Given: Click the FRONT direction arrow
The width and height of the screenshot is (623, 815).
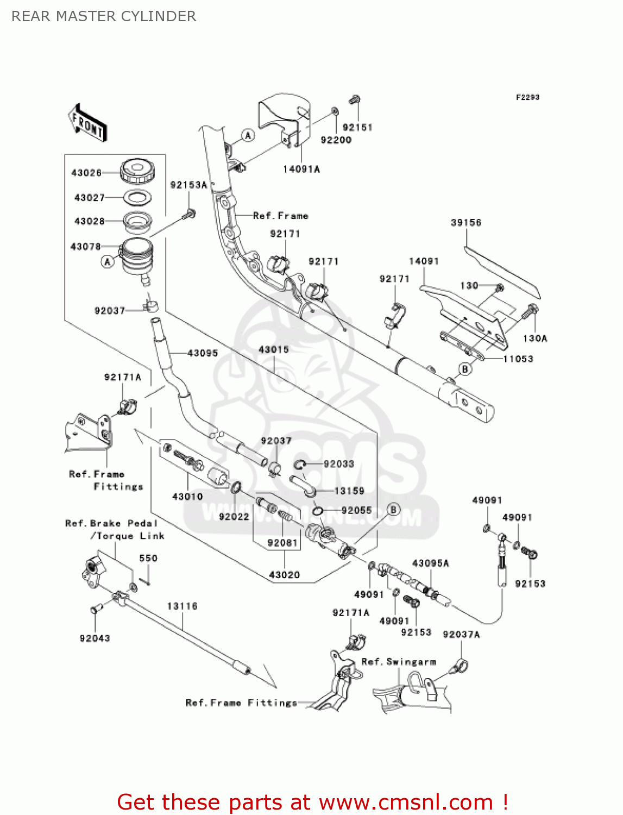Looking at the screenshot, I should click(x=87, y=123).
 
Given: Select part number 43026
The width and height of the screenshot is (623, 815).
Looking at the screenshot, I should click(x=87, y=173).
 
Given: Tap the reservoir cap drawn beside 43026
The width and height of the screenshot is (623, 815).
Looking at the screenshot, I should click(x=136, y=171).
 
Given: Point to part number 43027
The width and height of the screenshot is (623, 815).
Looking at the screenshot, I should click(x=90, y=198).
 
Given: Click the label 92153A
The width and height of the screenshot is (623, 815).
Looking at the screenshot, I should click(x=189, y=185).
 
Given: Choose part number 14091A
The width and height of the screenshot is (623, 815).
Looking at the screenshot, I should click(x=301, y=170).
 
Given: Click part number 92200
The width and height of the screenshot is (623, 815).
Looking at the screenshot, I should click(x=336, y=140).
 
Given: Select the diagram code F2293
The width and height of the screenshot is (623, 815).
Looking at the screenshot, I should click(x=527, y=98).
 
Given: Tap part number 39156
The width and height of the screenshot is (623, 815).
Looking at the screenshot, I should click(x=466, y=223).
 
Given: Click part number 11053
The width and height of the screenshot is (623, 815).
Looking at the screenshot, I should click(x=518, y=359).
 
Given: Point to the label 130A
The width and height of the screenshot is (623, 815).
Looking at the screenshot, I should click(x=535, y=338).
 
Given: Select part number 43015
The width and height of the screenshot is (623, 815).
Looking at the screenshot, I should click(x=274, y=350).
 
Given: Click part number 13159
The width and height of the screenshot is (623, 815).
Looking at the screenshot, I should click(x=349, y=491).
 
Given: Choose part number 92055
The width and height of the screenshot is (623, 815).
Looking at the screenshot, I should click(x=356, y=511).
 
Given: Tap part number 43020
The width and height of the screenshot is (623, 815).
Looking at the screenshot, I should click(x=285, y=575).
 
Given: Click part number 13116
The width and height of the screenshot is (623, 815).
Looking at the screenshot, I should click(x=183, y=606).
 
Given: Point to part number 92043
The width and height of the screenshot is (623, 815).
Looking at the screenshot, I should click(x=95, y=638).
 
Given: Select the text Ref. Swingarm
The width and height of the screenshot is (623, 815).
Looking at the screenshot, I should click(x=399, y=662).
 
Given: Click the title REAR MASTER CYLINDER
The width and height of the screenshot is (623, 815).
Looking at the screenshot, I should click(x=104, y=16).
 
